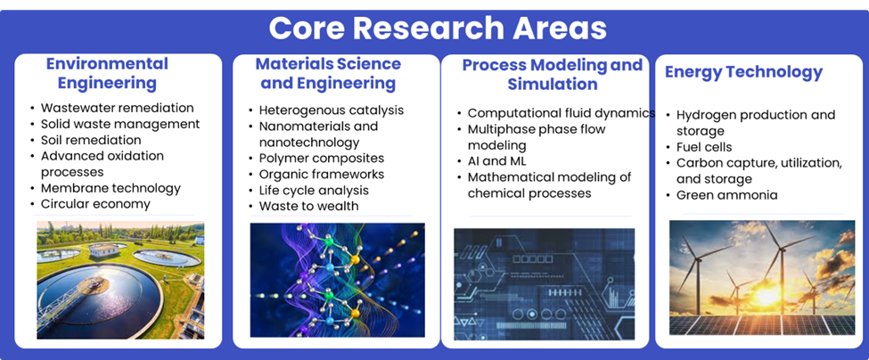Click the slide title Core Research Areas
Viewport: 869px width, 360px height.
[438, 29]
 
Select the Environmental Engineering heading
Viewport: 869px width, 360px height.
[107, 73]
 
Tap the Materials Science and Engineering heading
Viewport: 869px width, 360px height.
[328, 73]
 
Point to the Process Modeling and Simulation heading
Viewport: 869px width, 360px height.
[553, 74]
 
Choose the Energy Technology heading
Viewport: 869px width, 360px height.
[743, 72]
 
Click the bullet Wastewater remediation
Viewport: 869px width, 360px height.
[117, 108]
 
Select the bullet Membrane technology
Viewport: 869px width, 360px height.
[111, 188]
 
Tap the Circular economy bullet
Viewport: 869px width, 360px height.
[95, 204]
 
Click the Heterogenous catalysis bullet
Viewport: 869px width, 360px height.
[332, 110]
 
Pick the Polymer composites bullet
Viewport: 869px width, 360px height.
[322, 159]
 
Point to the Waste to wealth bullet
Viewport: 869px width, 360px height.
[308, 206]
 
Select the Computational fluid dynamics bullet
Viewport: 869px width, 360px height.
[562, 113]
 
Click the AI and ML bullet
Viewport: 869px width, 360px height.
[496, 161]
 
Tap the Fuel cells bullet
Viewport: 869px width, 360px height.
[704, 147]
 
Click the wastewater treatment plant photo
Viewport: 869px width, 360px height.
[120, 280]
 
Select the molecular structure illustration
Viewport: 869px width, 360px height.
[338, 280]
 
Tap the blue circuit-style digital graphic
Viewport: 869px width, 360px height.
[545, 284]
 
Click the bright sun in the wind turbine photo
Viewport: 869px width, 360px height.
[767, 295]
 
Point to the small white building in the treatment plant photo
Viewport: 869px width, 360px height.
[104, 250]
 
